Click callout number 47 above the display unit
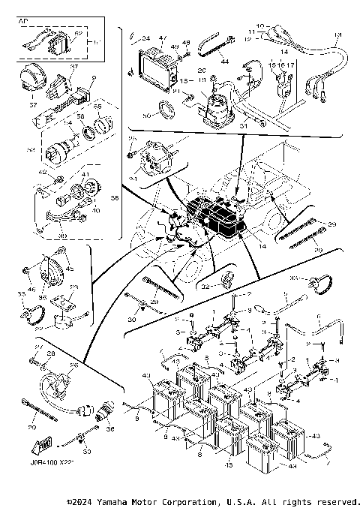162,37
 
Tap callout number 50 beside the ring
145,117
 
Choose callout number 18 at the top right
337,35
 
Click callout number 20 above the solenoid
202,71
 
